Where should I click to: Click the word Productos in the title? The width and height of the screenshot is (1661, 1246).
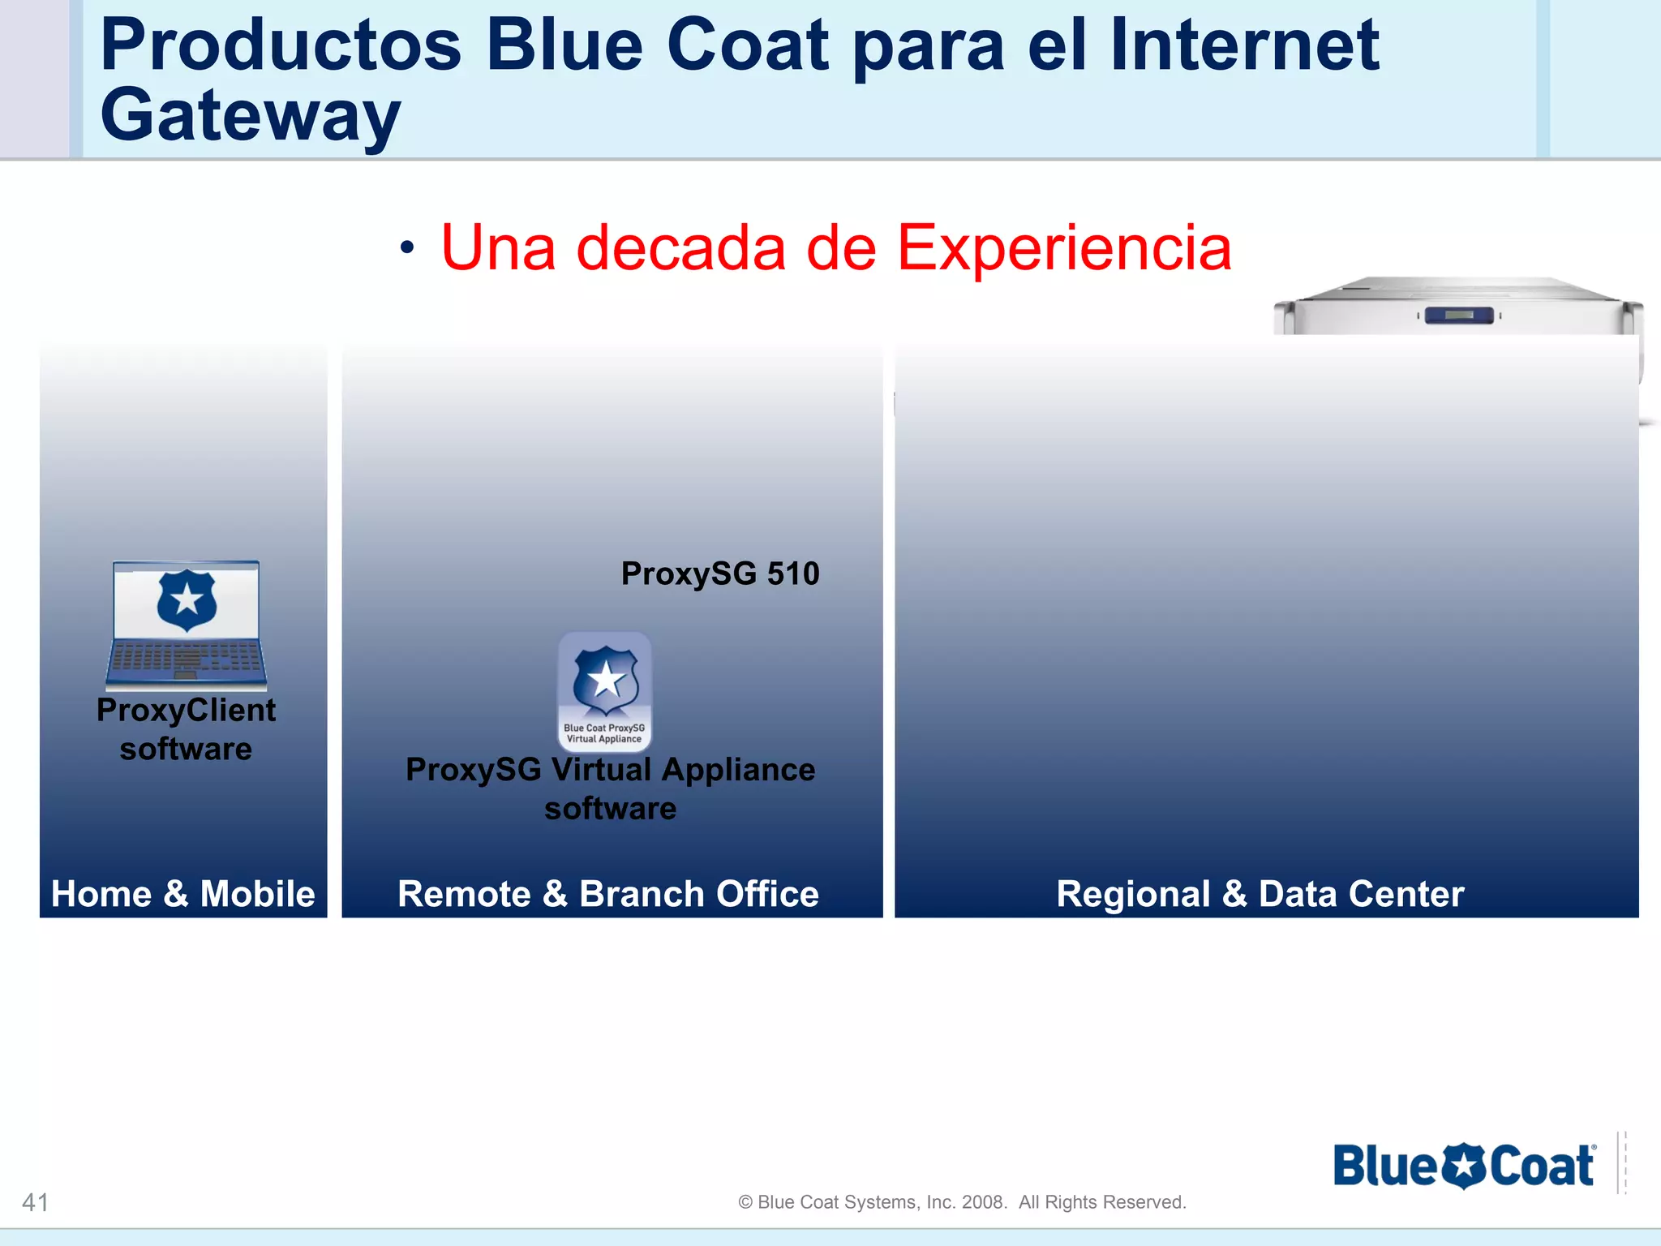(x=280, y=46)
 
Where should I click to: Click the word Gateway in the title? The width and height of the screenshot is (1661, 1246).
(x=250, y=116)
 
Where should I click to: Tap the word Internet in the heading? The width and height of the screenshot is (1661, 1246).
(x=1244, y=46)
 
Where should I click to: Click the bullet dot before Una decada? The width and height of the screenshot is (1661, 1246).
(x=407, y=248)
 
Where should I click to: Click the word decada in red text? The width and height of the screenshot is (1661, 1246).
(x=680, y=248)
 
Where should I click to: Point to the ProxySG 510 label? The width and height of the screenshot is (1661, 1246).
(x=720, y=574)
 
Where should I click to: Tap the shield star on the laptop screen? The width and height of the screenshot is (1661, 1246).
(x=187, y=600)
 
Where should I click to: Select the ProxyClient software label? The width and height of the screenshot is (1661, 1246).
(x=187, y=729)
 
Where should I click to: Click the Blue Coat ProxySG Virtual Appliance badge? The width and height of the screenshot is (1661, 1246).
(x=605, y=692)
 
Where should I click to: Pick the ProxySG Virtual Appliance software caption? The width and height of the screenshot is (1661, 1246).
(x=610, y=788)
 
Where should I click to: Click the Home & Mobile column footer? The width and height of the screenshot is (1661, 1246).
(x=183, y=894)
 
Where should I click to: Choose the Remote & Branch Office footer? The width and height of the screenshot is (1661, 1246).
(x=608, y=894)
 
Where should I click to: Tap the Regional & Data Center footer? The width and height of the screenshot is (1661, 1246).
(x=1260, y=894)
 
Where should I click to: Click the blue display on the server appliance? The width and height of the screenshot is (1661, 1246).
(x=1458, y=315)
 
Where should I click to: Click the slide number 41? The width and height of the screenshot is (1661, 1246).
(x=36, y=1202)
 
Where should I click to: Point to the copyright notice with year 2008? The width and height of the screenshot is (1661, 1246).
(x=962, y=1202)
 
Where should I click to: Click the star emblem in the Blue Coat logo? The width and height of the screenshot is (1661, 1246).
(x=1464, y=1167)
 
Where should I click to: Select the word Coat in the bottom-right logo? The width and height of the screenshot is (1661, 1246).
(x=1541, y=1167)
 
